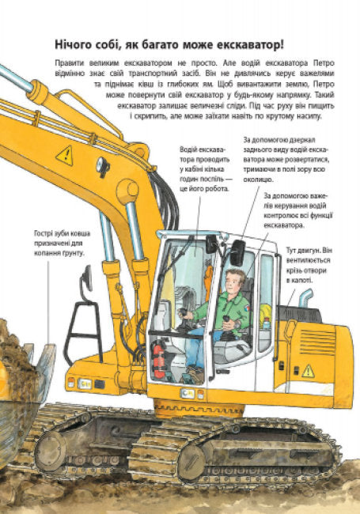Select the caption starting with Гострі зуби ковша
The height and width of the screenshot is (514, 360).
59,242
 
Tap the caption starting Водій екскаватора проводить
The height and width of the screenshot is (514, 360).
205,169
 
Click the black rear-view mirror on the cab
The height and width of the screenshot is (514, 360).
237,252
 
